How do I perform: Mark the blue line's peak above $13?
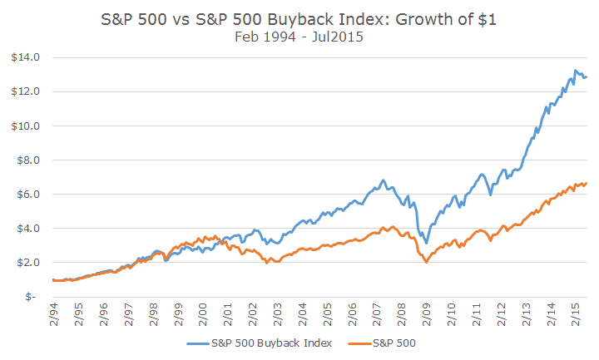pos(576,71)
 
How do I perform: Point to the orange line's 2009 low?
pos(427,262)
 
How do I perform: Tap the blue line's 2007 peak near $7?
pos(383,180)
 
